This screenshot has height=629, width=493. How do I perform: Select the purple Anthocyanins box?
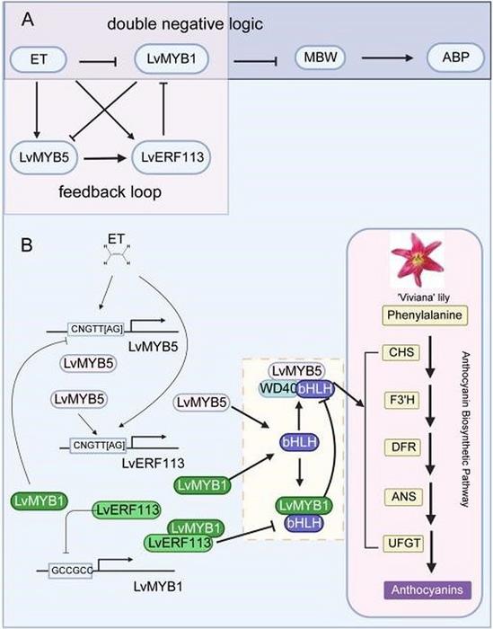coord(415,590)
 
